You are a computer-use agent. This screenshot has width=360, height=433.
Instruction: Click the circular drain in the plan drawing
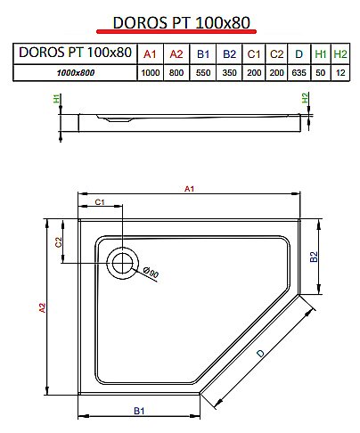point(122,261)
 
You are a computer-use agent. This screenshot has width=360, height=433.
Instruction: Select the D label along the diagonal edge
point(260,355)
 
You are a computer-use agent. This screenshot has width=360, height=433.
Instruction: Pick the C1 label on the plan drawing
point(101,203)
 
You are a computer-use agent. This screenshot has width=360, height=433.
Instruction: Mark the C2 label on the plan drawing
point(57,241)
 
